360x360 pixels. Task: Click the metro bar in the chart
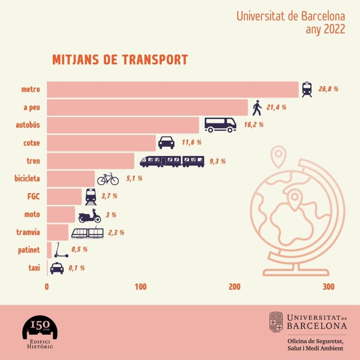[172, 89]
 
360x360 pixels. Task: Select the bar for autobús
[123, 125]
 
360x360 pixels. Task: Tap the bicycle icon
[108, 179]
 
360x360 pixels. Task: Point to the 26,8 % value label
[328, 89]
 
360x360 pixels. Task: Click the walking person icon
[257, 108]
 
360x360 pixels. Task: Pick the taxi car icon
[57, 268]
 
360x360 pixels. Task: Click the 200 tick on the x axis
[234, 287]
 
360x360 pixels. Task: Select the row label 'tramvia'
[28, 232]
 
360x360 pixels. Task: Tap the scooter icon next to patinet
[61, 250]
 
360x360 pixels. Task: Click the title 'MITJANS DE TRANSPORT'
[120, 59]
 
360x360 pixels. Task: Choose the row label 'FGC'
[33, 197]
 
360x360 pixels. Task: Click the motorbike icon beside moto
[90, 216]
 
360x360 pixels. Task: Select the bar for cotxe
[101, 143]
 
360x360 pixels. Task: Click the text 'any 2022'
[325, 29]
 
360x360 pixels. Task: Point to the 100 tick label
[141, 287]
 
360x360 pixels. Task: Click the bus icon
[220, 125]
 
